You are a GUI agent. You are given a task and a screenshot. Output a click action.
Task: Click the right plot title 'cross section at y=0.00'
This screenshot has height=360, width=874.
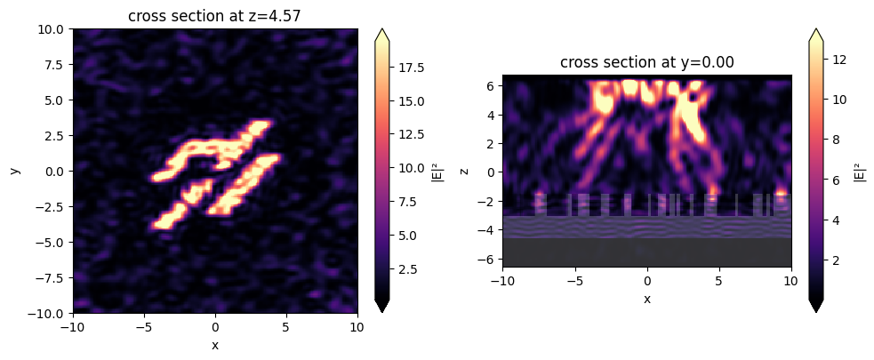(x=647, y=61)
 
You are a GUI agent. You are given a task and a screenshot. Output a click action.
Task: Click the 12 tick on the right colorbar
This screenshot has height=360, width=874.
(x=840, y=60)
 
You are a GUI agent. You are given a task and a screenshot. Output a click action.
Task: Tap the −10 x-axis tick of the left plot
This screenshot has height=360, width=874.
(x=73, y=327)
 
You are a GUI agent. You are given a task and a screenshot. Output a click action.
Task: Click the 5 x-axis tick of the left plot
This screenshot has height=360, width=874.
(x=286, y=327)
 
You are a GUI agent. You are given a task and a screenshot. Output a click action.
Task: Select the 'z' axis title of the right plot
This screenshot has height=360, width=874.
(x=465, y=171)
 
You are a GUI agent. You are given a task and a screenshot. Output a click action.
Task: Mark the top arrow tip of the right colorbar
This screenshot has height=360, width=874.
(x=815, y=29)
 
